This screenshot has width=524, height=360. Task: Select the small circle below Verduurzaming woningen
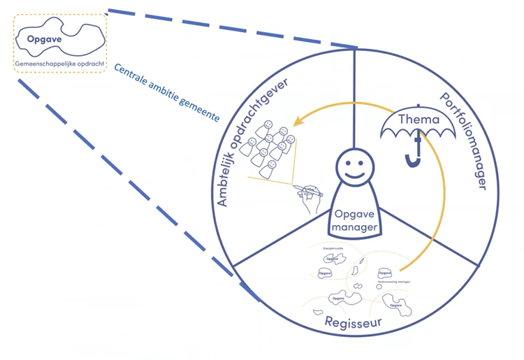[x=379, y=287]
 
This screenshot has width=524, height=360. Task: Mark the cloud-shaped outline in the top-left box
[x=60, y=42]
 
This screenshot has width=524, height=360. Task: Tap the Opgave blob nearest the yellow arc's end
[x=385, y=273]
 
